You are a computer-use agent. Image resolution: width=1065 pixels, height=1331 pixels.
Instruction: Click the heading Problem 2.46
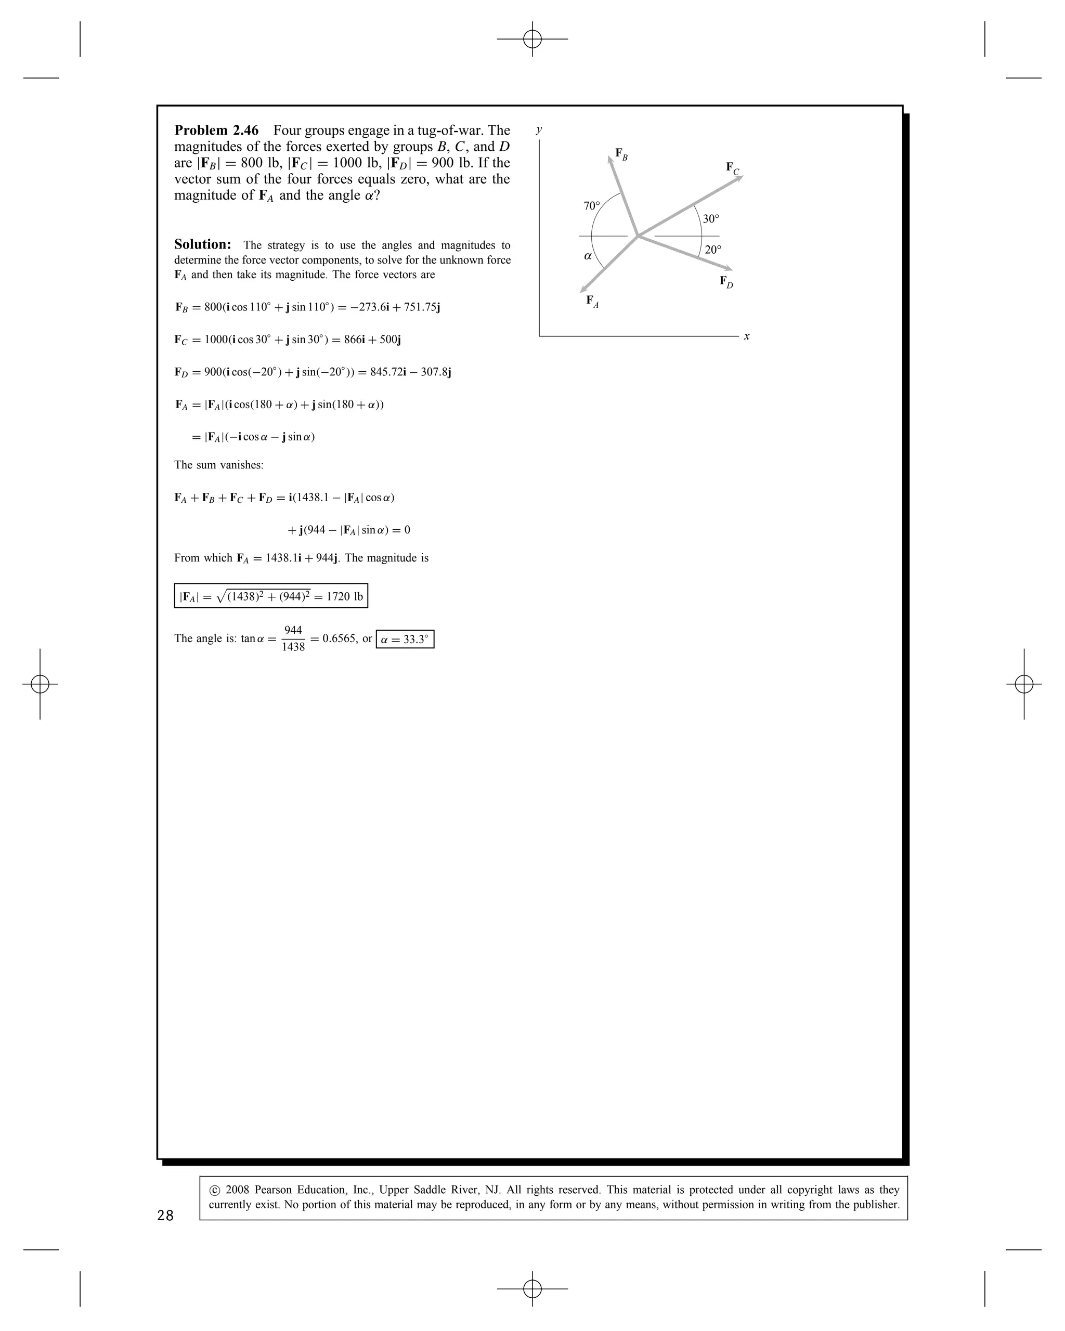pyautogui.click(x=216, y=131)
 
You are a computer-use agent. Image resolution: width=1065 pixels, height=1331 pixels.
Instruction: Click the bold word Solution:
pyautogui.click(x=202, y=244)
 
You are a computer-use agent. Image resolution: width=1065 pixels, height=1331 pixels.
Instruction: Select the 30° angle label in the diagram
pyautogui.click(x=711, y=218)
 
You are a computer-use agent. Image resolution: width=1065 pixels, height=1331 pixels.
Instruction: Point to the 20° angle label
pyautogui.click(x=712, y=250)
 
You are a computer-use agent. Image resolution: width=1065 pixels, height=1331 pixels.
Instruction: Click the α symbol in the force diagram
pyautogui.click(x=588, y=256)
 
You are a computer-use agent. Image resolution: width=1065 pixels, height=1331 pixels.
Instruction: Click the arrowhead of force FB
pyautogui.click(x=611, y=158)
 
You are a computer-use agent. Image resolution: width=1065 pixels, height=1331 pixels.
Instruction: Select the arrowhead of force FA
pyautogui.click(x=582, y=290)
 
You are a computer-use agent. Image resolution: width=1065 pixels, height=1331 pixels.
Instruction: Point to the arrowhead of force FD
pyautogui.click(x=729, y=269)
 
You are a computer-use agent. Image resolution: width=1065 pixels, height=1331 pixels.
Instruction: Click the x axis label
pyautogui.click(x=746, y=336)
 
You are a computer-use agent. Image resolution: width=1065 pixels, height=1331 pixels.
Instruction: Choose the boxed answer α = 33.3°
pyautogui.click(x=405, y=639)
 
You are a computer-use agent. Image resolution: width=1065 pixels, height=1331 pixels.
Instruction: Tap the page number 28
pyautogui.click(x=165, y=1216)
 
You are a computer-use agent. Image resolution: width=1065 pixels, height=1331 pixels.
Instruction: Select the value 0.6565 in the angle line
pyautogui.click(x=339, y=638)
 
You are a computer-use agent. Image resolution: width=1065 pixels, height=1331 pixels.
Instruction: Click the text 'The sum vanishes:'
pyautogui.click(x=218, y=465)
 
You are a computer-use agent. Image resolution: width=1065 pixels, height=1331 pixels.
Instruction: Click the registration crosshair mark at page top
pyautogui.click(x=532, y=39)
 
